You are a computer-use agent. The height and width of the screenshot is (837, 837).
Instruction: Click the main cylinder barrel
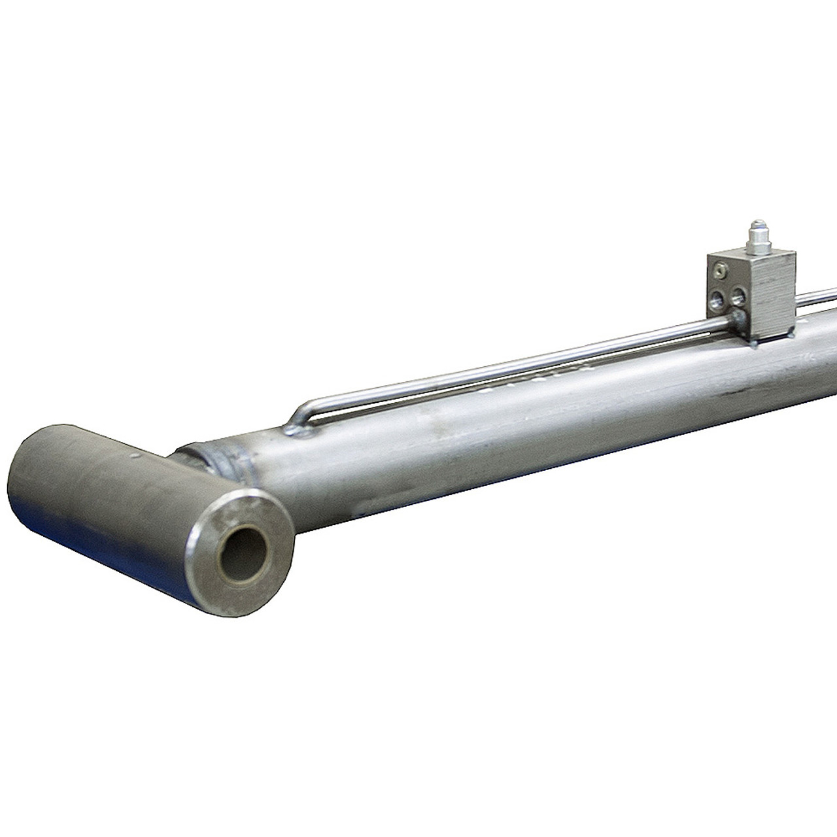[523, 445]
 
